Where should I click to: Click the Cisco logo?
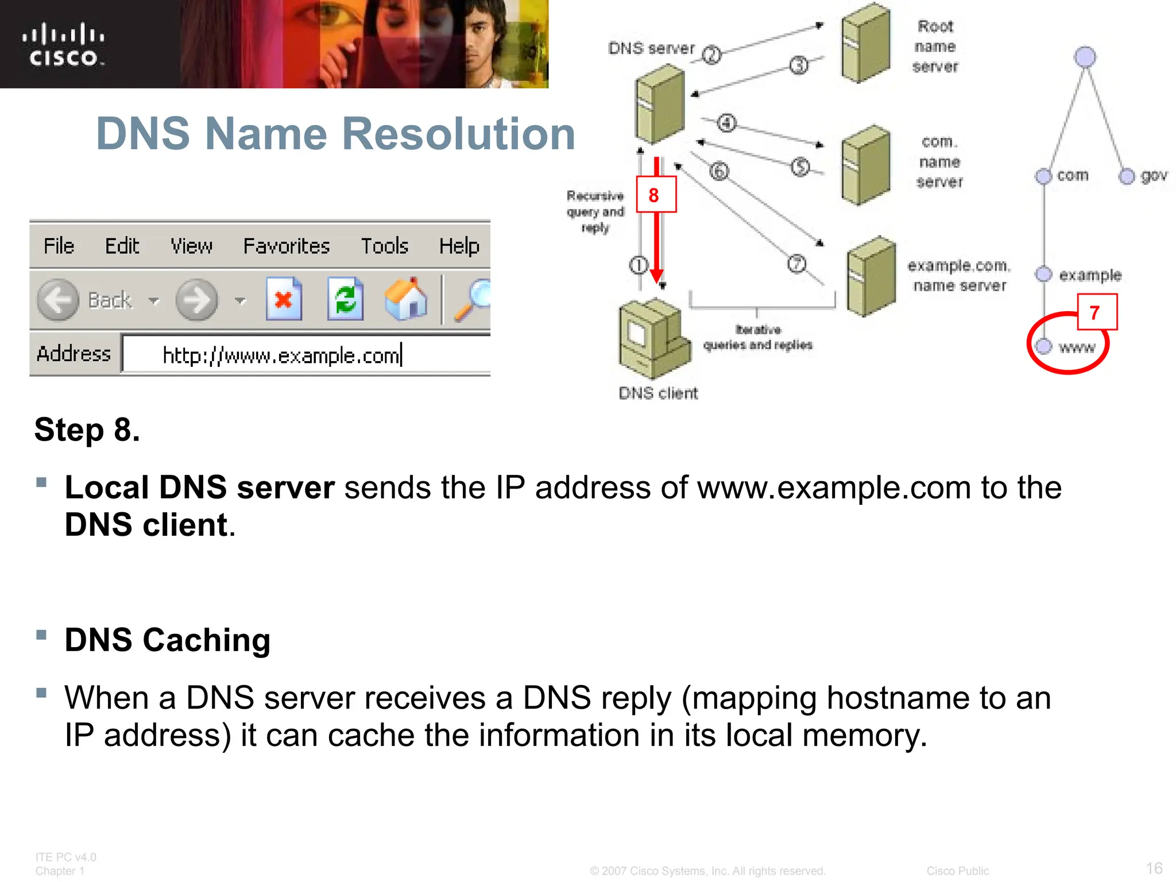click(x=64, y=45)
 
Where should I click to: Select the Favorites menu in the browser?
click(x=286, y=246)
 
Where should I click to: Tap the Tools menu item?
click(x=384, y=246)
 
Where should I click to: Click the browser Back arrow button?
click(x=58, y=300)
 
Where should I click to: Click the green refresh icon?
click(x=345, y=299)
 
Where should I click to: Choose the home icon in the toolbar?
click(x=406, y=299)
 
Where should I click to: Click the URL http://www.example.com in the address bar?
click(x=281, y=355)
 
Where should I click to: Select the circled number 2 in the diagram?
click(x=712, y=55)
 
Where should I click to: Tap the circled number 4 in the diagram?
click(x=727, y=123)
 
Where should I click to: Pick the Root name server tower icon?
click(x=866, y=44)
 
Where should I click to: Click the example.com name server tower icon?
click(x=871, y=276)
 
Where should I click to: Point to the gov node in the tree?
click(x=1127, y=176)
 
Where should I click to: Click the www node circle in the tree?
click(x=1043, y=346)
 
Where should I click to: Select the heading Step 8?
click(x=87, y=430)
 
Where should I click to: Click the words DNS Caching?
click(x=167, y=640)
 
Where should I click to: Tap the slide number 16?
click(x=1154, y=868)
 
